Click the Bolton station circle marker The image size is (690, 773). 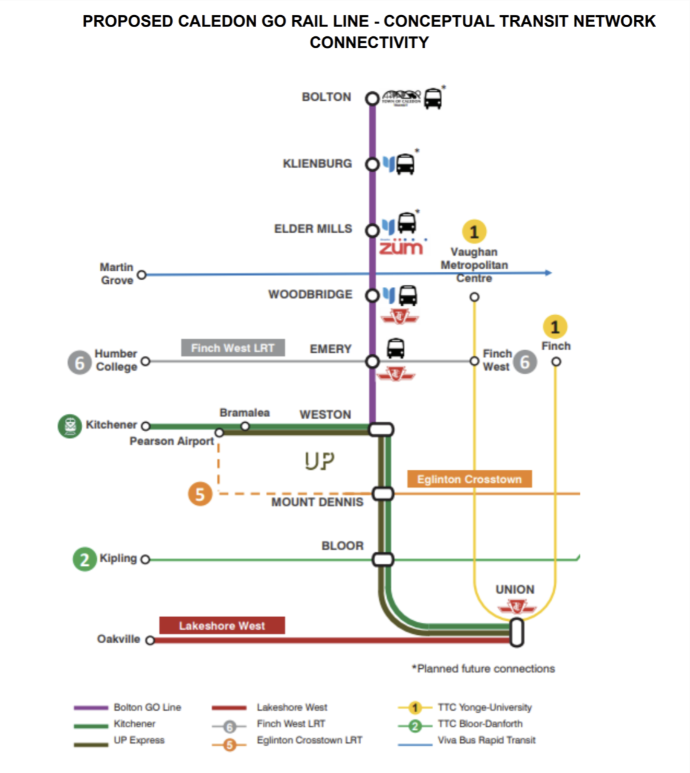(x=372, y=98)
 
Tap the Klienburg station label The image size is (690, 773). (x=317, y=164)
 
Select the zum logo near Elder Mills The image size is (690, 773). (x=402, y=246)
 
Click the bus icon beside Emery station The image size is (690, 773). (x=396, y=348)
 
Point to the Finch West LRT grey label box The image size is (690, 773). (x=233, y=348)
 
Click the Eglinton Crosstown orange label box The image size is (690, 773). (x=469, y=479)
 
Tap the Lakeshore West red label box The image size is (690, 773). (x=222, y=626)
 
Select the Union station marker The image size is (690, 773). (x=516, y=632)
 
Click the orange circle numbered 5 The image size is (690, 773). (x=200, y=494)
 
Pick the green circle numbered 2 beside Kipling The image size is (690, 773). (x=85, y=559)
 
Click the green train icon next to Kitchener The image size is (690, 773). (x=70, y=426)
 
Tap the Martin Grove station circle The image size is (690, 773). (x=142, y=275)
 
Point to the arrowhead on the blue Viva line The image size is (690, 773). (x=548, y=273)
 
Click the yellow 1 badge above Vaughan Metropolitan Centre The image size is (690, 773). (x=474, y=231)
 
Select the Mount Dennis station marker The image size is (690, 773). (x=382, y=494)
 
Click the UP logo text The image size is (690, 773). (x=320, y=461)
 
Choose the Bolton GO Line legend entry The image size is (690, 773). (x=147, y=707)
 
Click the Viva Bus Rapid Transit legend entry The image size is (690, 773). (x=486, y=740)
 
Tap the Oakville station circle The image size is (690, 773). (x=150, y=640)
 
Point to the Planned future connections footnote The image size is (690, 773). (x=483, y=669)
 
